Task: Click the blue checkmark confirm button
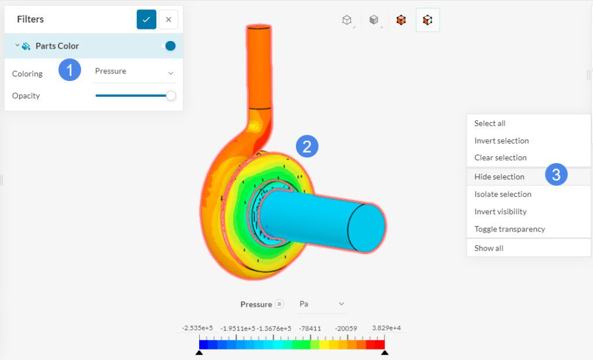(147, 19)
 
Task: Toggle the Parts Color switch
(169, 46)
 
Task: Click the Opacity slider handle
(170, 95)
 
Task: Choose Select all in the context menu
(490, 123)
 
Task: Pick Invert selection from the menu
(502, 141)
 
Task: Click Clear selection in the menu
(500, 157)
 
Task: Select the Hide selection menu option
(499, 177)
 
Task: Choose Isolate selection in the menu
(503, 194)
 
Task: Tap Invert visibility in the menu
(500, 211)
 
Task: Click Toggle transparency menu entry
(510, 229)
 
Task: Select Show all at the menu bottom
(489, 248)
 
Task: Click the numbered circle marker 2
(307, 146)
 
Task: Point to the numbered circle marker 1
(69, 71)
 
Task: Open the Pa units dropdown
(321, 304)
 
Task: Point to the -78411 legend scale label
(310, 328)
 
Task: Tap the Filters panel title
(30, 19)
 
